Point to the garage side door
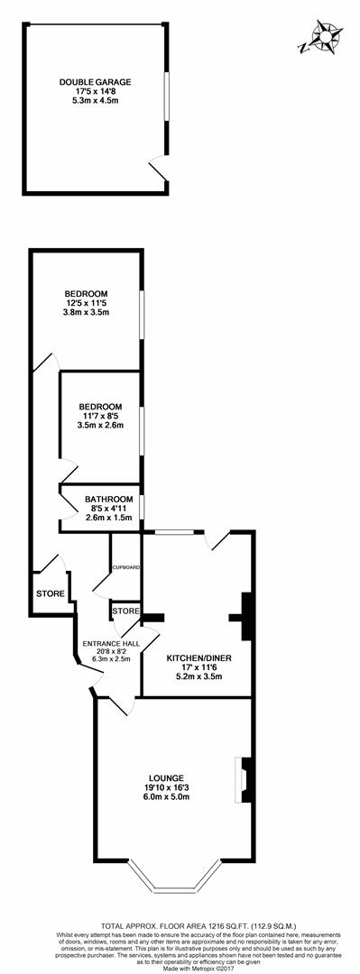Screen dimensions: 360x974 coord(159,170)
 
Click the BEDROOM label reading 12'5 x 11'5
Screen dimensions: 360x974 coord(86,293)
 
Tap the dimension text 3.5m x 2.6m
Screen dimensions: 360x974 coord(99,425)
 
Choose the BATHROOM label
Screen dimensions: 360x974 coord(108,499)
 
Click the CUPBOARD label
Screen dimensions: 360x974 coord(125,567)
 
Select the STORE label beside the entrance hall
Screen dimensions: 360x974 coord(125,611)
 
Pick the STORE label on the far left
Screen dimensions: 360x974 coord(50,593)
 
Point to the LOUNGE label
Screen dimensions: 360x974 coord(168,777)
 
